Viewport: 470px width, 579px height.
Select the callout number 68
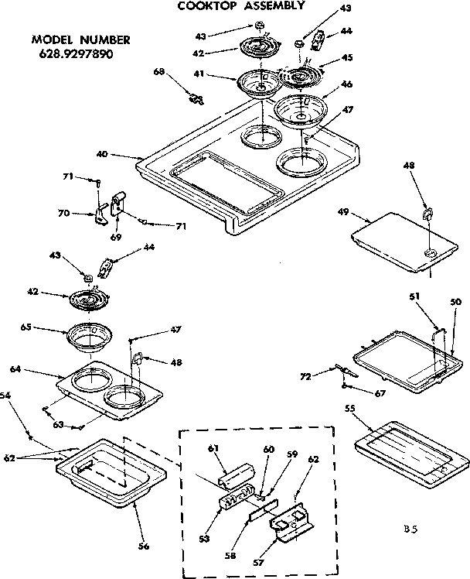click(159, 72)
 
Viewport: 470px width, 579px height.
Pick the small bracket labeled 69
click(118, 206)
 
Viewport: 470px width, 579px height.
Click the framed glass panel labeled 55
click(410, 452)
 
